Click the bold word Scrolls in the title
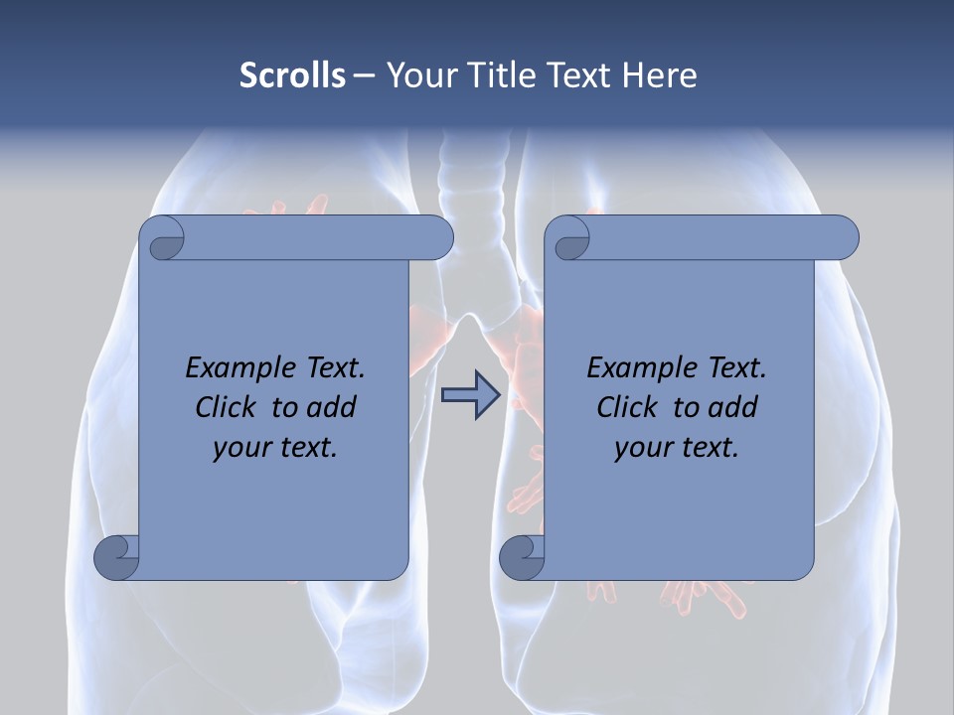click(292, 75)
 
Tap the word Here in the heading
click(659, 75)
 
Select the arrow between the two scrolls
click(470, 395)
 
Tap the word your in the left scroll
click(239, 448)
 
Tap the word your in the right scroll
click(641, 448)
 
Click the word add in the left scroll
click(332, 407)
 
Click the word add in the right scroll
click(733, 407)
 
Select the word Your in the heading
click(418, 75)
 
